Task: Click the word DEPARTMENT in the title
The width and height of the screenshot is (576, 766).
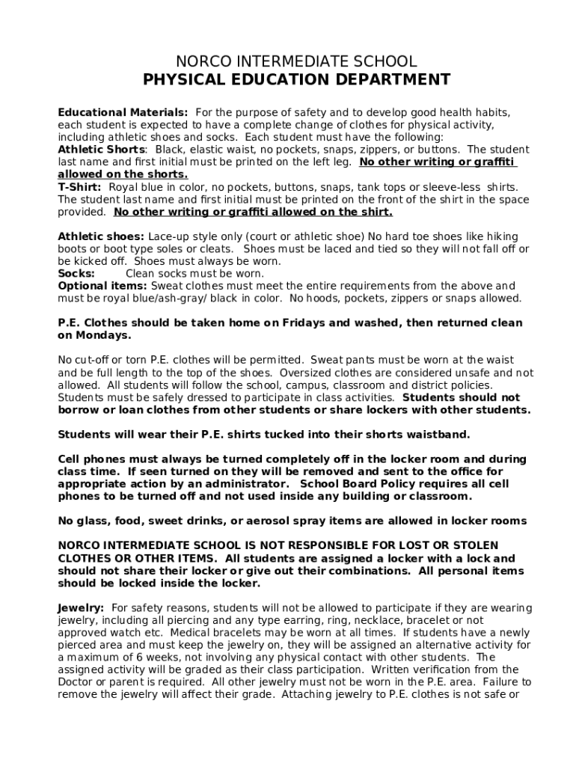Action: [x=389, y=80]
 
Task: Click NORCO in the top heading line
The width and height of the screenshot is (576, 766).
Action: [x=200, y=61]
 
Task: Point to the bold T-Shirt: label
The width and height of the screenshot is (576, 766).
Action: [x=81, y=187]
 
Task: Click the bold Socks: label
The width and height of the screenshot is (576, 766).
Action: [x=76, y=274]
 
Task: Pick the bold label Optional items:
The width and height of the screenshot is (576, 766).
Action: [x=102, y=286]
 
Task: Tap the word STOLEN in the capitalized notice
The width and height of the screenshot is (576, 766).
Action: [x=472, y=546]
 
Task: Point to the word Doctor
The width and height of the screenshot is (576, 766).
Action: [x=76, y=681]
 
